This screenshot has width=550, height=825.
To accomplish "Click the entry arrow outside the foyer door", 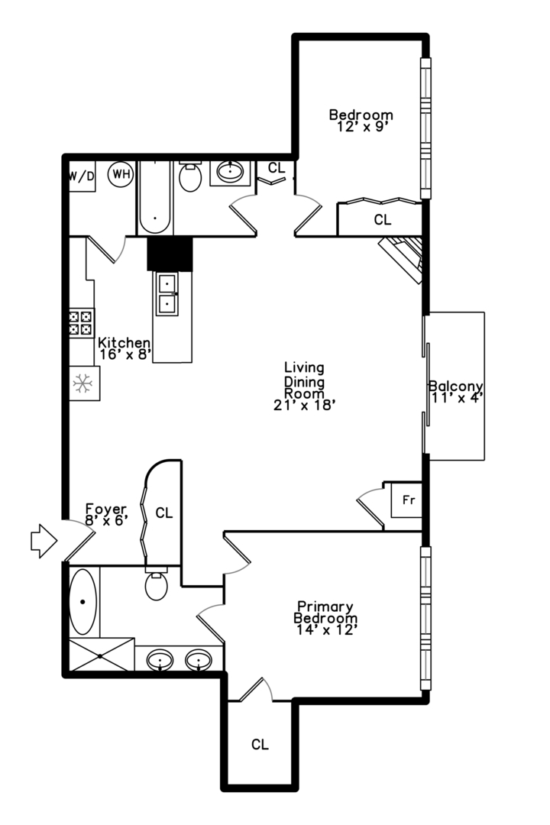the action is pyautogui.click(x=44, y=540).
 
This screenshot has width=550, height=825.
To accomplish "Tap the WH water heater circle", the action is pyautogui.click(x=121, y=174).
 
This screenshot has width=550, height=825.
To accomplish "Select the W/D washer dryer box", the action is pyautogui.click(x=82, y=176).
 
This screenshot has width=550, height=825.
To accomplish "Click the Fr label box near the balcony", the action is pyautogui.click(x=406, y=500).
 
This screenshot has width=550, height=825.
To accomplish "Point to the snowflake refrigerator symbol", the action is pyautogui.click(x=82, y=383).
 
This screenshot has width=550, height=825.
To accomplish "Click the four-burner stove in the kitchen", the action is pyautogui.click(x=81, y=323).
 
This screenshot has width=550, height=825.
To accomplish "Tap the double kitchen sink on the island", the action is pyautogui.click(x=167, y=293).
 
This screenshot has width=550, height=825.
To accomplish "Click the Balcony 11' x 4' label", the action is pyautogui.click(x=456, y=392).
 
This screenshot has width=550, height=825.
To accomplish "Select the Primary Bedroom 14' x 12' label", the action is pyautogui.click(x=325, y=618).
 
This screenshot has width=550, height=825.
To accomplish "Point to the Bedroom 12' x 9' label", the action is pyautogui.click(x=361, y=121).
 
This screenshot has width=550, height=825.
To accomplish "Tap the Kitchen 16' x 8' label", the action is pyautogui.click(x=125, y=348).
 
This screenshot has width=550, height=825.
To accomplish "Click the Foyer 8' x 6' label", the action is pyautogui.click(x=107, y=515).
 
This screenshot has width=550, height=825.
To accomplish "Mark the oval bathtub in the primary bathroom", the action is pyautogui.click(x=83, y=601).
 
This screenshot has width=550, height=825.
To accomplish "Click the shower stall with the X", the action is pyautogui.click(x=102, y=655).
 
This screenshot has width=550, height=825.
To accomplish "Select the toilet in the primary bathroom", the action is pyautogui.click(x=157, y=584).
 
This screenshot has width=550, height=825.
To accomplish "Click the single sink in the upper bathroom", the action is pyautogui.click(x=230, y=171).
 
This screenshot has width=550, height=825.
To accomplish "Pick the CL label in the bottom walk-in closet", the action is pyautogui.click(x=260, y=744).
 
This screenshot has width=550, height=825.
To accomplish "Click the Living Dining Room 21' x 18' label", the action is pyautogui.click(x=305, y=387).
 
